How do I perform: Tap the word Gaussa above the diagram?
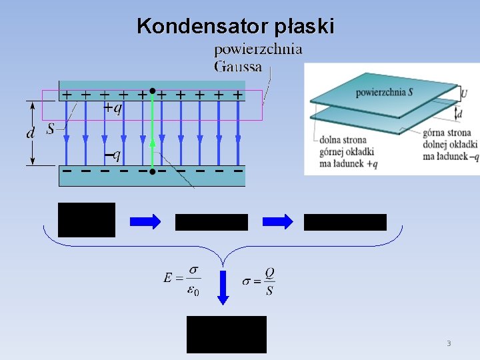[x=237, y=66]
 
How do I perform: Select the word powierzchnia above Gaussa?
[x=257, y=49]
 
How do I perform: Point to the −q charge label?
[x=113, y=155]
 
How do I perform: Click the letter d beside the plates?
[x=31, y=133]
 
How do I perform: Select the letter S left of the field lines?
[x=51, y=129]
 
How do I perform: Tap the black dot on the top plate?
[x=152, y=90]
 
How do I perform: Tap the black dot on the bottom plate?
[x=152, y=172]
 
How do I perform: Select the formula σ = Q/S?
[x=259, y=282]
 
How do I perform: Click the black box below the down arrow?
[x=226, y=334]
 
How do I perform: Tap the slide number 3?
[x=449, y=344]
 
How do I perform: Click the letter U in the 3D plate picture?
[x=464, y=94]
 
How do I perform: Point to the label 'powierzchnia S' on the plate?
[x=384, y=91]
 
